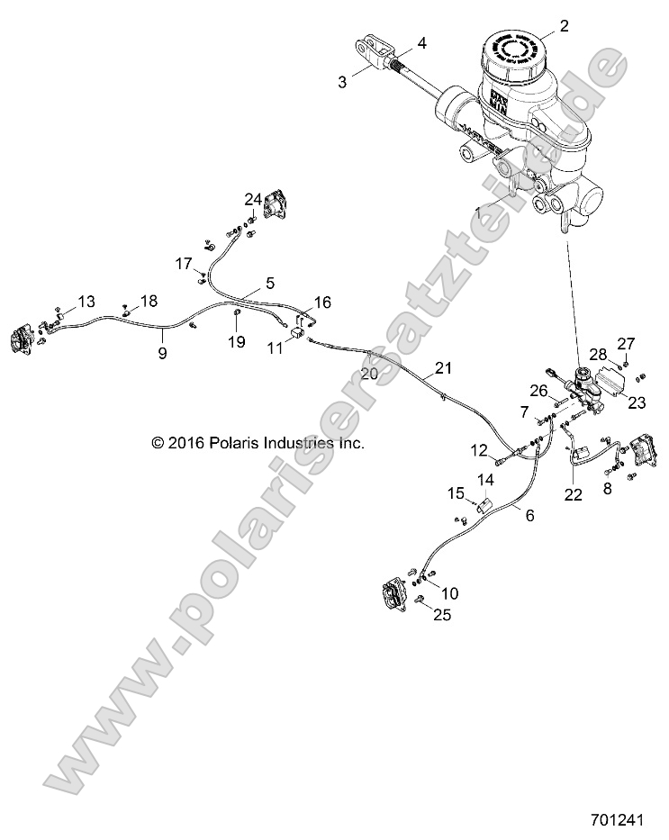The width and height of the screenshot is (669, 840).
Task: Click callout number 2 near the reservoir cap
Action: [565, 26]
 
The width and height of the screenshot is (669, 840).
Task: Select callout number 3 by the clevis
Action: [342, 82]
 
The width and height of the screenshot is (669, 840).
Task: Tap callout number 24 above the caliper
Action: [253, 197]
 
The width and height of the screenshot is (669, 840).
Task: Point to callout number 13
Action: [86, 301]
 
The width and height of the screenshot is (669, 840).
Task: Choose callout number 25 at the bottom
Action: [443, 615]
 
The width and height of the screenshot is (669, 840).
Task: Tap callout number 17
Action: [184, 264]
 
